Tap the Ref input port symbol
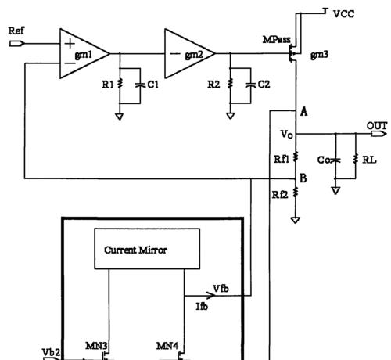tap(16, 44)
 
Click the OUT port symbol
tap(378, 134)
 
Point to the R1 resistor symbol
tap(120, 84)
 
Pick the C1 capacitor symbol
tap(140, 85)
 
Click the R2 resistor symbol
tap(230, 84)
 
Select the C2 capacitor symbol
tap(250, 85)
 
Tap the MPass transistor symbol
tap(293, 53)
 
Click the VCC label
tap(344, 14)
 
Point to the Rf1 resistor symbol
tap(296, 157)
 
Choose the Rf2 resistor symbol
tap(296, 193)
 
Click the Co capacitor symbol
tap(335, 160)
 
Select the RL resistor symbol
tap(356, 159)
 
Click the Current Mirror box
tap(147, 249)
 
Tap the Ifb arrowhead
tap(210, 296)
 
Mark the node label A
tap(303, 112)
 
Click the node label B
tap(303, 178)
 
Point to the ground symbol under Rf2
tap(295, 220)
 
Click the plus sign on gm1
tap(70, 44)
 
